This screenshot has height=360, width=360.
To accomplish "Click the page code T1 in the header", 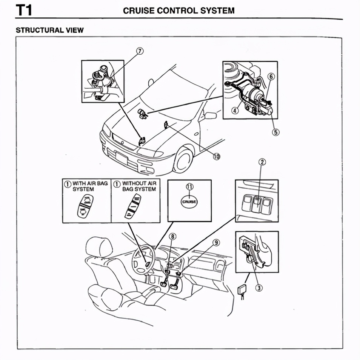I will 23,10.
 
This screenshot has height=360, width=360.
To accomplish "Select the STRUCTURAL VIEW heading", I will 49,30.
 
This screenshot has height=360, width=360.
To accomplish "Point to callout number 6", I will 270,76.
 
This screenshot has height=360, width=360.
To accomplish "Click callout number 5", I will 276,132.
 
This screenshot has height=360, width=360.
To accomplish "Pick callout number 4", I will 235,111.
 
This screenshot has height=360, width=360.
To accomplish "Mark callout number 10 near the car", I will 216,156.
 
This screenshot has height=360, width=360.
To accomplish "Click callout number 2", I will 262,162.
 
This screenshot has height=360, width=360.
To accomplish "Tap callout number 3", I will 258,288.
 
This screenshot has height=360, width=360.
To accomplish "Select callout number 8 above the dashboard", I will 172,237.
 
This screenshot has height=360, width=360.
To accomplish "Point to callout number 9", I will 216,243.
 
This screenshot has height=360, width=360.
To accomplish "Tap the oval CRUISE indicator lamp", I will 189,202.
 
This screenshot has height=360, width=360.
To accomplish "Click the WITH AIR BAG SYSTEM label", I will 90,186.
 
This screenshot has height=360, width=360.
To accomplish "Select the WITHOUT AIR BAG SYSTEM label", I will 139,186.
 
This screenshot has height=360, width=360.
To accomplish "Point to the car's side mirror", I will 210,115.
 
